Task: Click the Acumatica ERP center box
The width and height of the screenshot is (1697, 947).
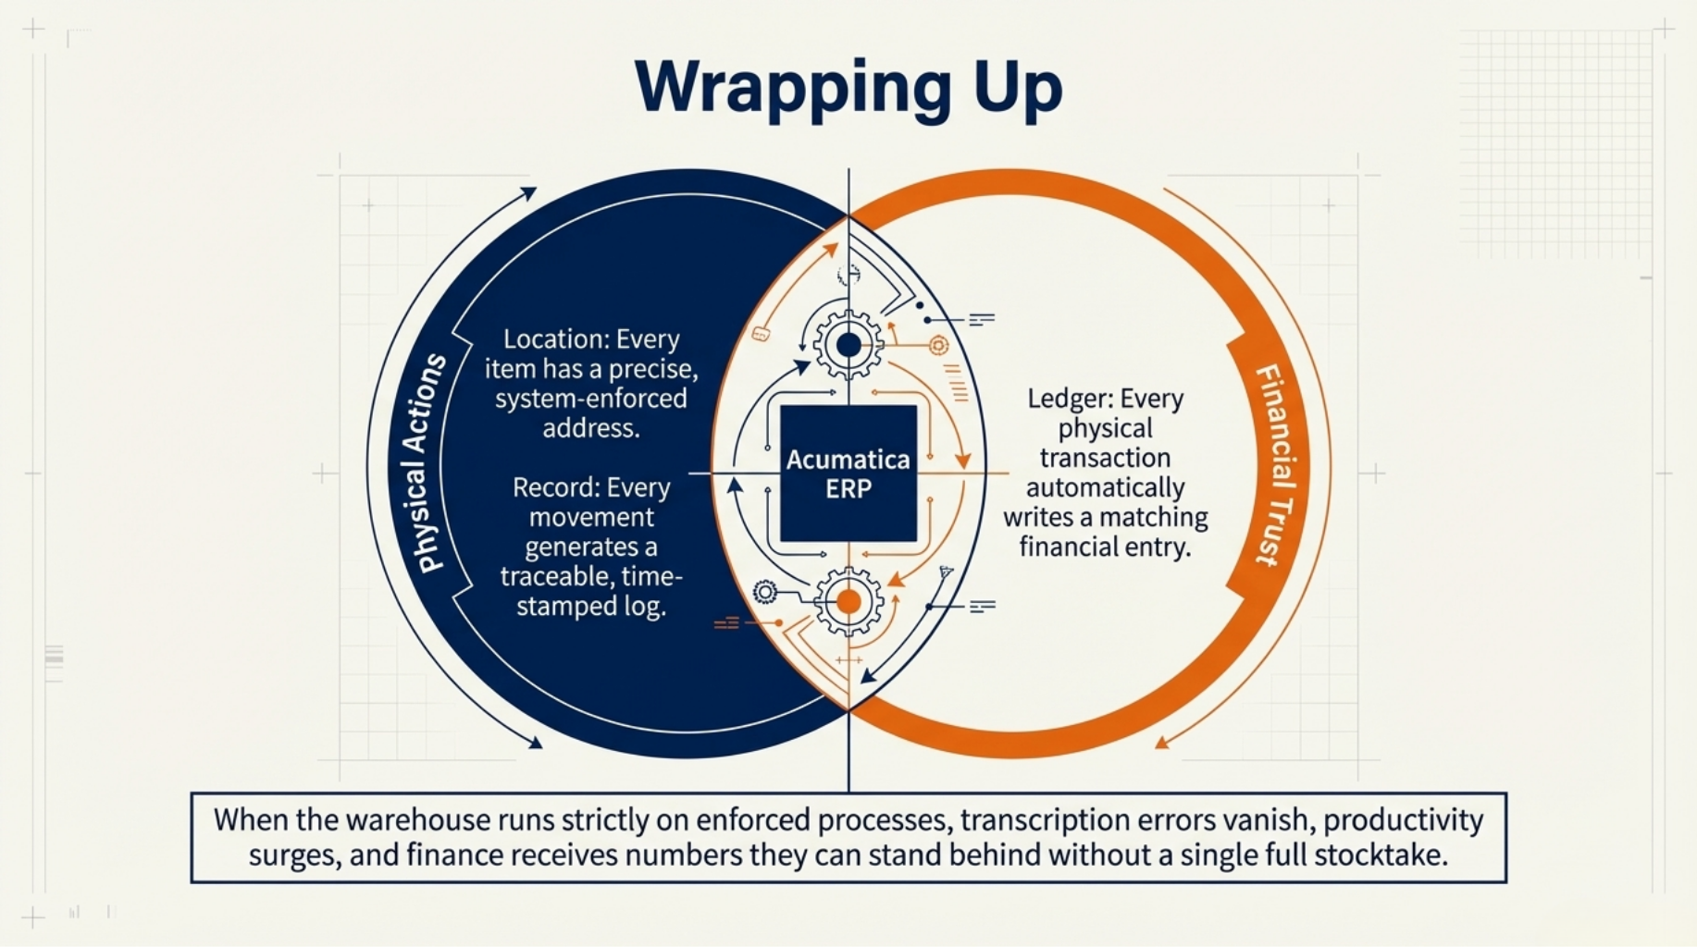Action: (848, 473)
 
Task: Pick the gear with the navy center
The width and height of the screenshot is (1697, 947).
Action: (848, 345)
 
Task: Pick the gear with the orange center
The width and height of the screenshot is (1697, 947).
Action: (848, 602)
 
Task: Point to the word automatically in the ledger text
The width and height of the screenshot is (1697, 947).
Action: (1105, 487)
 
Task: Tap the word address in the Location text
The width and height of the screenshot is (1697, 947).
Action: (590, 428)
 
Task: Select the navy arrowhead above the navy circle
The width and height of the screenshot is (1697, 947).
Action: (529, 192)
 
